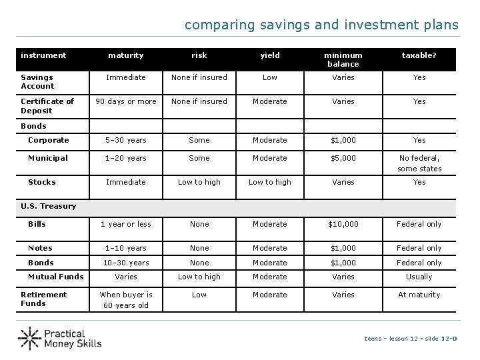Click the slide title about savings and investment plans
pyautogui.click(x=321, y=25)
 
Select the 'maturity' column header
pyautogui.click(x=126, y=55)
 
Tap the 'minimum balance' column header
pyautogui.click(x=343, y=59)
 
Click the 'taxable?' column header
pyautogui.click(x=419, y=55)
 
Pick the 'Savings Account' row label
pyautogui.click(x=37, y=81)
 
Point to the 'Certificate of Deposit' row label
pyautogui.click(x=47, y=105)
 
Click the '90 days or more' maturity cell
pyautogui.click(x=126, y=101)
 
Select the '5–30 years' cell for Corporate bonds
pyautogui.click(x=126, y=140)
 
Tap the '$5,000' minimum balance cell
pyautogui.click(x=343, y=158)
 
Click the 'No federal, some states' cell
pyautogui.click(x=419, y=163)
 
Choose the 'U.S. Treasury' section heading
pyautogui.click(x=48, y=206)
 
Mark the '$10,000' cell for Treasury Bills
pyautogui.click(x=343, y=224)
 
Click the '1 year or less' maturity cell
pyautogui.click(x=126, y=224)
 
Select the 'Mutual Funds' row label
pyautogui.click(x=55, y=277)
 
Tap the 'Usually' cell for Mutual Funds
pyautogui.click(x=419, y=277)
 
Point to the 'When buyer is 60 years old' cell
pyautogui.click(x=126, y=300)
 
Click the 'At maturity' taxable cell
pyautogui.click(x=419, y=295)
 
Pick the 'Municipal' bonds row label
pyautogui.click(x=47, y=158)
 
